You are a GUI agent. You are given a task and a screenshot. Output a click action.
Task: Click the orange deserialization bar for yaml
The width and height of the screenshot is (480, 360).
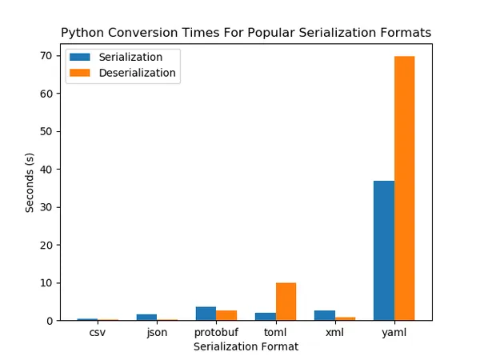pos(404,188)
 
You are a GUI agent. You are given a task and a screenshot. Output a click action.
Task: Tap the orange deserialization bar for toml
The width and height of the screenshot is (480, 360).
pos(286,302)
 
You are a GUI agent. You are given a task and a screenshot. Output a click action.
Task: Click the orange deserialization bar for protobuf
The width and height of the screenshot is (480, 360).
pos(226,315)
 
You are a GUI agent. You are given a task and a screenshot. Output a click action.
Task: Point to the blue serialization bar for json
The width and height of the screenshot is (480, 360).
pos(146,318)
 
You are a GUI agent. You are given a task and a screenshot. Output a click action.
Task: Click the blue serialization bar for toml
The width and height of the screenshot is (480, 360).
pos(266,316)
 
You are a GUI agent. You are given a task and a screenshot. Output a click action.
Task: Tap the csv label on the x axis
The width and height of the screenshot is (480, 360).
pos(98,332)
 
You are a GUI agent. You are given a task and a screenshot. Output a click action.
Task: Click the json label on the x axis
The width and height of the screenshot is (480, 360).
pos(157,332)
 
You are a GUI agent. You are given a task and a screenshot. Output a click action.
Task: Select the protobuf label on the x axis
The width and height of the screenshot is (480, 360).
pos(216,332)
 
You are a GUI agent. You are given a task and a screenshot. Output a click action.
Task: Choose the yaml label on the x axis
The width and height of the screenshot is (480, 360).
pos(394,332)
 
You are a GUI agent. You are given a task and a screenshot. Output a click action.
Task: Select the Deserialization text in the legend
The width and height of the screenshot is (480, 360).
pos(138,72)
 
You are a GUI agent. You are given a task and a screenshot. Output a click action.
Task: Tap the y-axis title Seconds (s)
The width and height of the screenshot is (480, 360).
pos(30,182)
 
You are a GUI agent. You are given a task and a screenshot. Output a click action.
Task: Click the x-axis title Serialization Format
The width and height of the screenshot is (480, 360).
pos(246,346)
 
